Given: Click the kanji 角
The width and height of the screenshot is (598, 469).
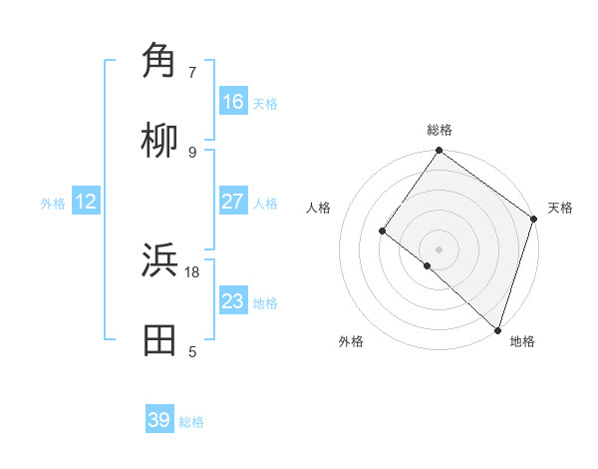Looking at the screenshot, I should (159, 61).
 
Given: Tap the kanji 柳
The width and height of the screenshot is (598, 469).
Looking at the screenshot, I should (159, 141).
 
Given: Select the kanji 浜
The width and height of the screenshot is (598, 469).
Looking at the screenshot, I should (159, 260).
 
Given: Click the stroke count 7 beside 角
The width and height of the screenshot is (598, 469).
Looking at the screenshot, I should (192, 73).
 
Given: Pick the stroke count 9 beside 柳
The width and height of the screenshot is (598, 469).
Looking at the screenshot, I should (192, 153).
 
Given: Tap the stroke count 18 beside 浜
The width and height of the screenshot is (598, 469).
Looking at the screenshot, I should (192, 271).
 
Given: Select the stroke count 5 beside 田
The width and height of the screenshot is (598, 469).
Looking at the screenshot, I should (192, 351).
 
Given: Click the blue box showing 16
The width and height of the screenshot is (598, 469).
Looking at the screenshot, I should (233, 102).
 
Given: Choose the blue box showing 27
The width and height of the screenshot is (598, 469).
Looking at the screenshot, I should (233, 202).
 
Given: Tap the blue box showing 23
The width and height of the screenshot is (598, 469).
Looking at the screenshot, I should (233, 301).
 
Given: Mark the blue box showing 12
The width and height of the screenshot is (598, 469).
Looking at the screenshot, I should (86, 202).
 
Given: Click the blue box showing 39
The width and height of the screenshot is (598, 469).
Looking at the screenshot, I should (159, 420).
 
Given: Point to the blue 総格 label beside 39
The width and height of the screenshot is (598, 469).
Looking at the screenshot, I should (191, 422).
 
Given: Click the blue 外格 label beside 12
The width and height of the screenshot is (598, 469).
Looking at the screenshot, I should (53, 204).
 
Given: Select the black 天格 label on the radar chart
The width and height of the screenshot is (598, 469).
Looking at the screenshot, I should (560, 208).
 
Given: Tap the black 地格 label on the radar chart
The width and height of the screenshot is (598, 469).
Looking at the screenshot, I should (522, 341).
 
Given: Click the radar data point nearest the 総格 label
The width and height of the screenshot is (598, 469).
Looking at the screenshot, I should (439, 152).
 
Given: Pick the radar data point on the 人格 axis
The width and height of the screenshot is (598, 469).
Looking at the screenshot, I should (382, 231).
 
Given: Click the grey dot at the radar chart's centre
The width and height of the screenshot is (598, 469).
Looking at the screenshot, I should (439, 248).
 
